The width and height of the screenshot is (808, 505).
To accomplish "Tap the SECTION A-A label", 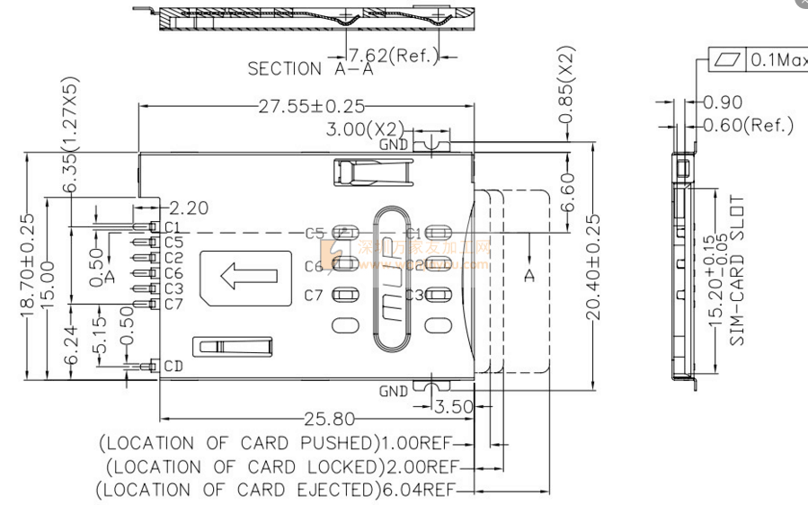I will coord(297,68).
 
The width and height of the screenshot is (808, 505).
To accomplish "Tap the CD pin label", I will coord(173,367).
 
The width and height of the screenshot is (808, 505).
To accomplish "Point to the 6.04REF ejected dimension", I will coord(419,490).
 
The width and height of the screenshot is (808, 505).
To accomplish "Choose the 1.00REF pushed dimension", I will coord(418,444).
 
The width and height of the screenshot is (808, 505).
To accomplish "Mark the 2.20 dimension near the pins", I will coord(188,208).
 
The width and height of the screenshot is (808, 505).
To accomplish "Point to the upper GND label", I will coord(393,144).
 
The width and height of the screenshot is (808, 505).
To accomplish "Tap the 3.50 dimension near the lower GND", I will coord(452,407).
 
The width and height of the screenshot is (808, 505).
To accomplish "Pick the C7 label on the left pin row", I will coord(173,305).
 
